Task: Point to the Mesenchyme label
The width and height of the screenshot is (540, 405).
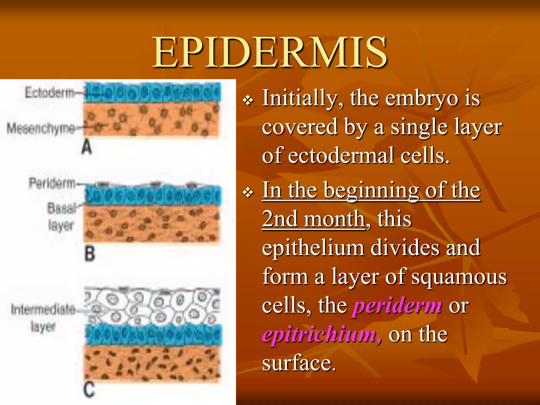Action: point(41,128)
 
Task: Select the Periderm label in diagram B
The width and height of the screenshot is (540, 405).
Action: point(52,183)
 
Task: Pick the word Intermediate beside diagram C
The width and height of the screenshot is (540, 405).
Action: point(43,309)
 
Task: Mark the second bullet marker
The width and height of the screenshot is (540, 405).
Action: point(248,193)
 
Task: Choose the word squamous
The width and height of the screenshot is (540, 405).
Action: point(459,277)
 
